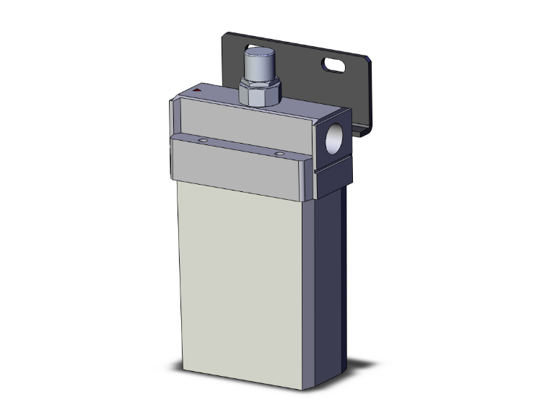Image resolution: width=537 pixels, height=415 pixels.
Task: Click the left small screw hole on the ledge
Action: coord(204,140)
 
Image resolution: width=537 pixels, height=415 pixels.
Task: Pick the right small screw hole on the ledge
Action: coord(279,153)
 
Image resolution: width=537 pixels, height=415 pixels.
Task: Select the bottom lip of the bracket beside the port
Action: coord(361,130)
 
